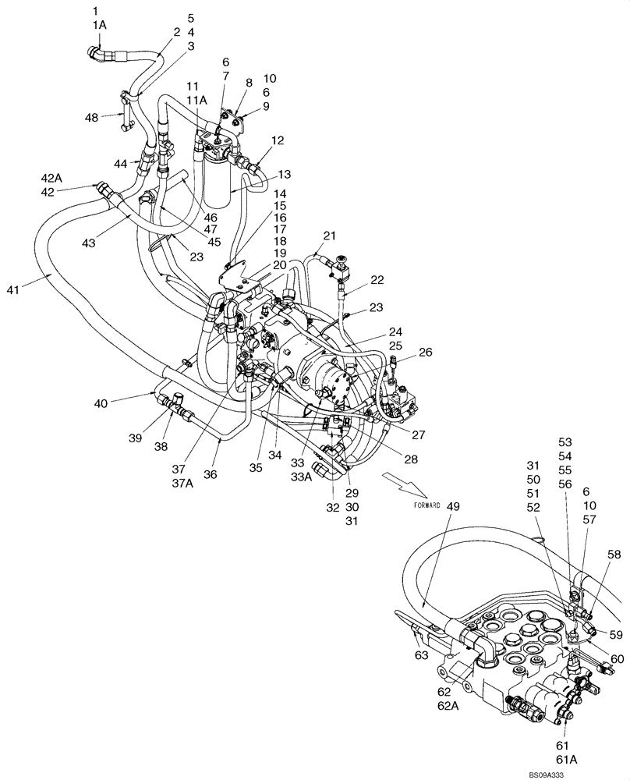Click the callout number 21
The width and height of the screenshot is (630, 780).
click(329, 236)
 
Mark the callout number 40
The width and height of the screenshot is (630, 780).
click(101, 402)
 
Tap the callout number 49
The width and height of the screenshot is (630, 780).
click(453, 505)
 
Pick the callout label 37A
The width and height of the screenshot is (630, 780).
click(182, 482)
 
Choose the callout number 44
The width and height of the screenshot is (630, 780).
click(120, 164)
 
